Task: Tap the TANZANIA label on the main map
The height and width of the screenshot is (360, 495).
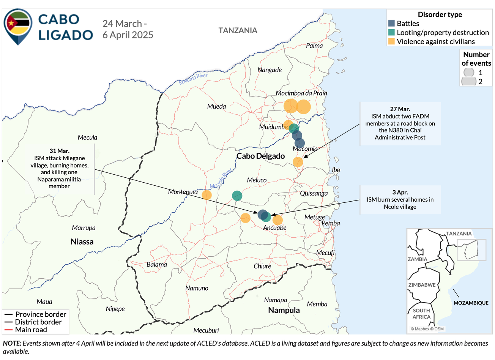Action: click(x=238, y=30)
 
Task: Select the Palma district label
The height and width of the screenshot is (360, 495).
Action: click(x=314, y=46)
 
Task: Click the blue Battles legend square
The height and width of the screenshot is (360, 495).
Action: click(x=391, y=24)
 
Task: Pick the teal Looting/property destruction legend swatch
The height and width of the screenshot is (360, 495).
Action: click(x=391, y=33)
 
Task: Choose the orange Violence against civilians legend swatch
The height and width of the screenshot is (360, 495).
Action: click(x=391, y=41)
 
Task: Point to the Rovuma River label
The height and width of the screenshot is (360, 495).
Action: click(x=193, y=79)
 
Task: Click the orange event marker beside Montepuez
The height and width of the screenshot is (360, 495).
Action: click(x=207, y=195)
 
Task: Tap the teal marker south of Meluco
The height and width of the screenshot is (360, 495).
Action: click(x=237, y=196)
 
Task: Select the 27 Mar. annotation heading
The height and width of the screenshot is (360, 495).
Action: click(x=400, y=109)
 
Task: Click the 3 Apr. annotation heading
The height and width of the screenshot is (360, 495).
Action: click(x=400, y=193)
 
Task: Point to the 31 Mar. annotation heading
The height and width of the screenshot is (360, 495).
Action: click(x=59, y=151)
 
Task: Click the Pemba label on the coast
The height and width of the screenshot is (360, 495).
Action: click(x=331, y=223)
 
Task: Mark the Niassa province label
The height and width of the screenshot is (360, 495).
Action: click(x=82, y=242)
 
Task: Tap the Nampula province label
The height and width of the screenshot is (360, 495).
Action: click(x=284, y=310)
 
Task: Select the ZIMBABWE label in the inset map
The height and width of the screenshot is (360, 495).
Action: click(x=422, y=285)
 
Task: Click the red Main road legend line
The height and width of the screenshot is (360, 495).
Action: click(x=8, y=330)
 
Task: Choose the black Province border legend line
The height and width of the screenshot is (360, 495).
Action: click(x=8, y=314)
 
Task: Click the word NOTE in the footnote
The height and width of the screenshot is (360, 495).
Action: click(x=12, y=343)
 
